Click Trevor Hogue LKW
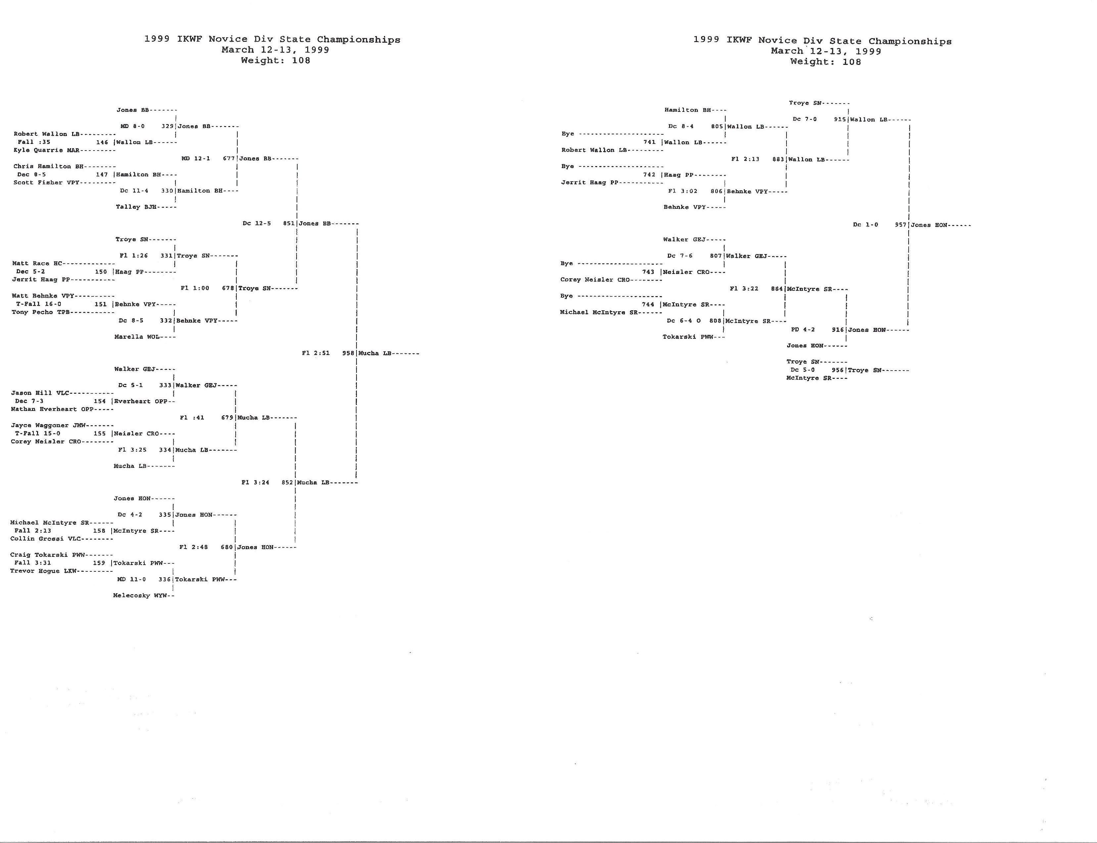click(43, 571)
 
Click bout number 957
click(901, 225)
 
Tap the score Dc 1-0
click(866, 225)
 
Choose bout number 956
click(838, 370)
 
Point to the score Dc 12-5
click(257, 223)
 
